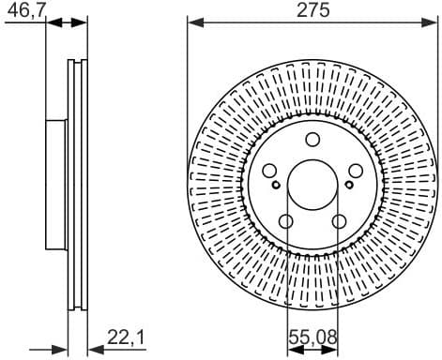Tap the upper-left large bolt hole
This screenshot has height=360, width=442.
tap(269, 171)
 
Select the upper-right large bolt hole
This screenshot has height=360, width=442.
tap(354, 171)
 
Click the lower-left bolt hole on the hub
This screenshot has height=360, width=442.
tap(286, 220)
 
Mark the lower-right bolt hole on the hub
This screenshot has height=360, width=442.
tap(338, 220)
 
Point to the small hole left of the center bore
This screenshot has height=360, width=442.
tap(279, 184)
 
